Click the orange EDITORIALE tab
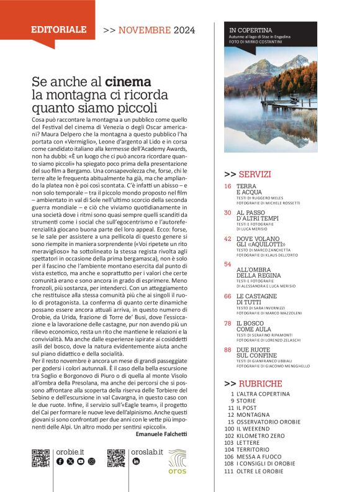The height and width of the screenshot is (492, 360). pos(59,29)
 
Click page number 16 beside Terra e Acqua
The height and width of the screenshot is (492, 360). pos(228,186)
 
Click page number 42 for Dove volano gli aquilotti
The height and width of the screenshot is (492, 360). pos(228,239)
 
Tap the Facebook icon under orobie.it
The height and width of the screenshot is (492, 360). pos(60,462)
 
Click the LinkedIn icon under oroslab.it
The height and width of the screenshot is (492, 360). pos(136,462)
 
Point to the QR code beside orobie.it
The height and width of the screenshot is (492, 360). pos(40,458)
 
